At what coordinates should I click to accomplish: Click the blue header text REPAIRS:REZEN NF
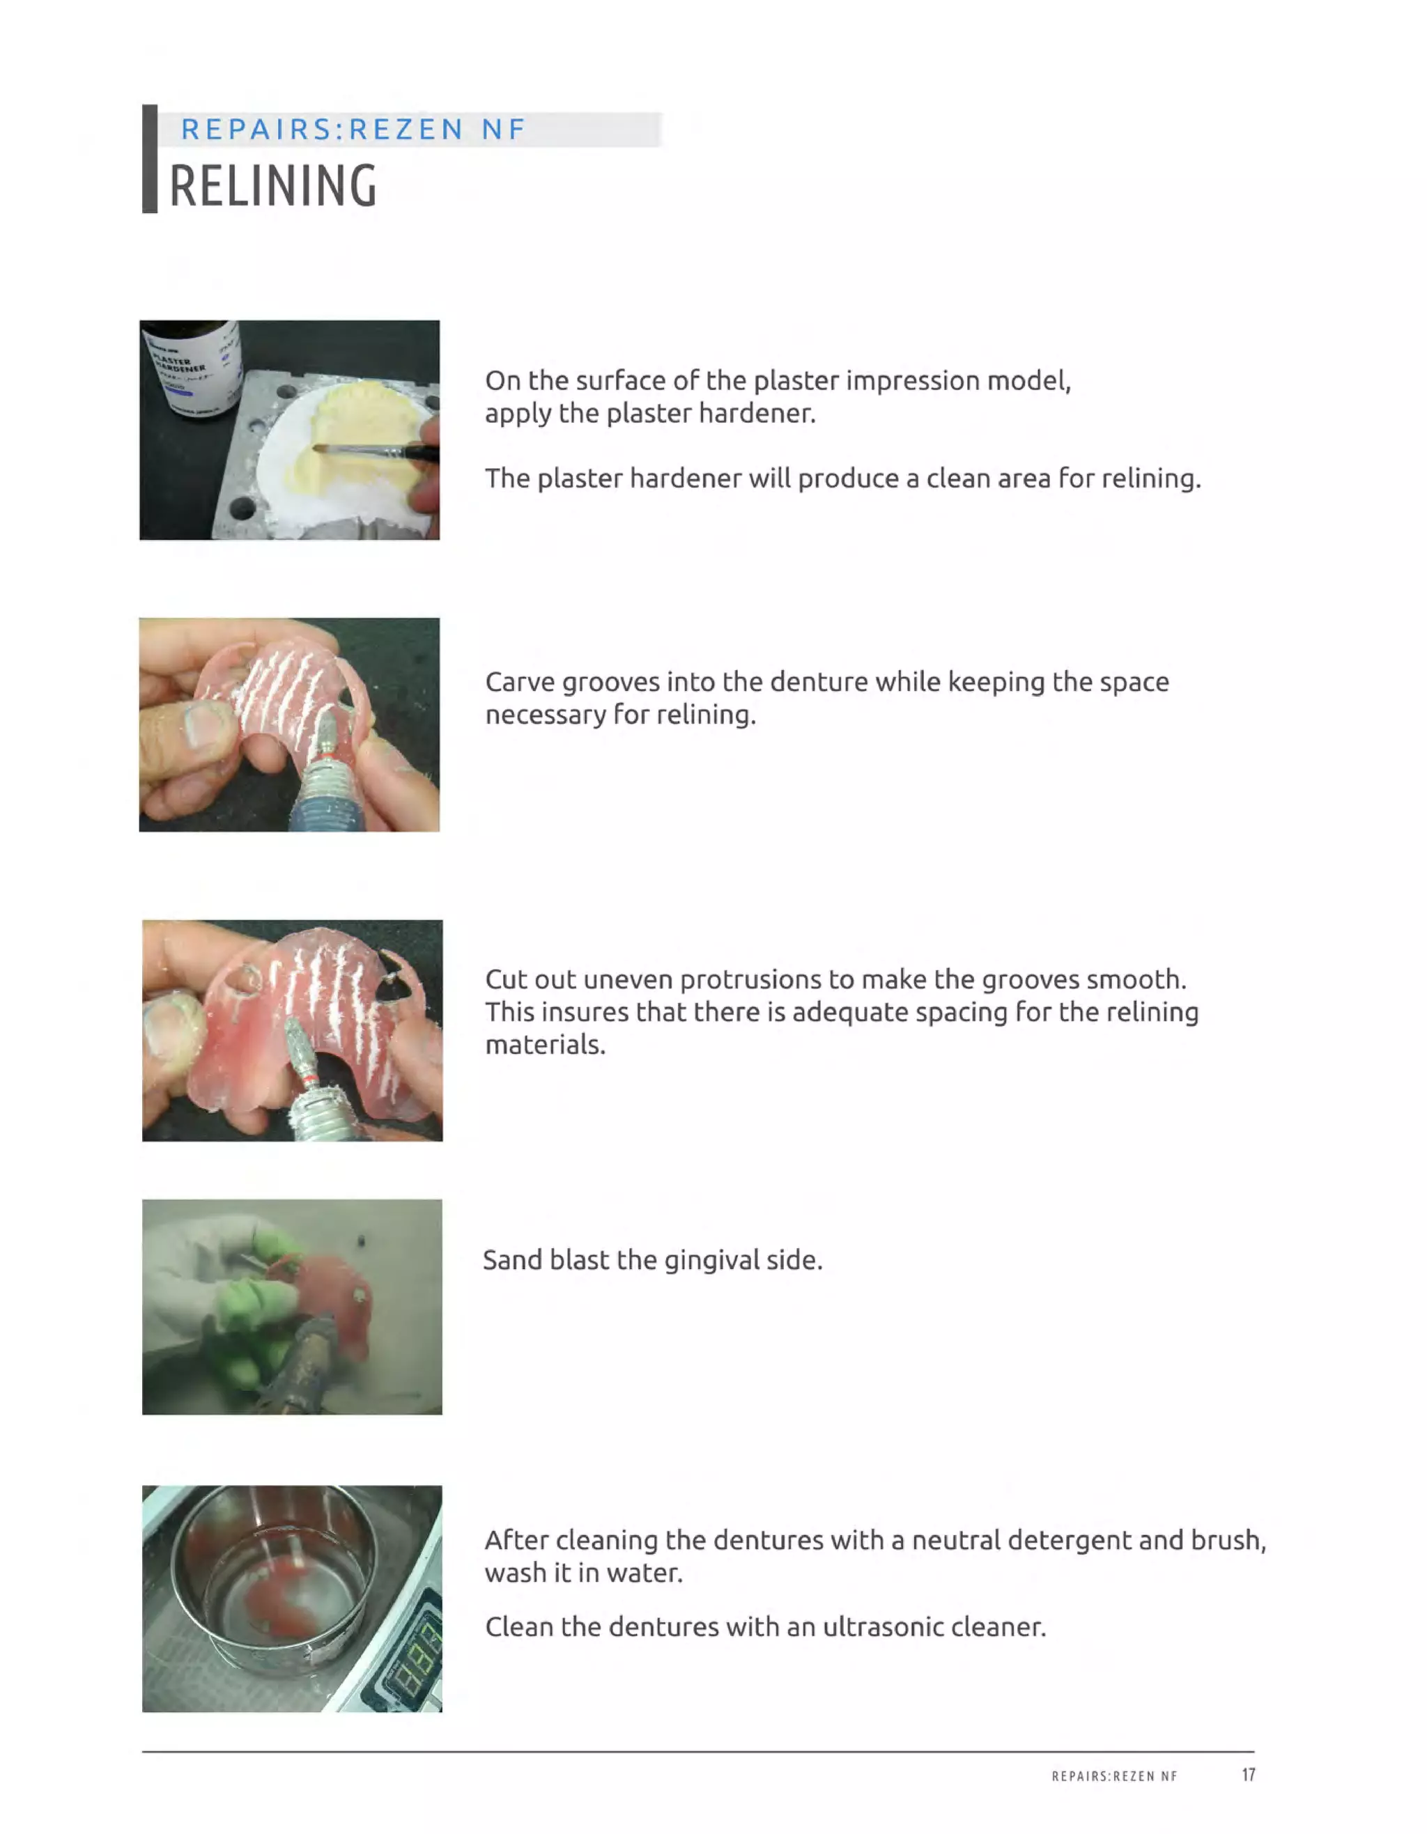pos(353,130)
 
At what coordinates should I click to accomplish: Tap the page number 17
pos(1248,1774)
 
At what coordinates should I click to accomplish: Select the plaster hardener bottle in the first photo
pos(193,369)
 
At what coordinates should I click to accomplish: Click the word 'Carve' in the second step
pos(520,682)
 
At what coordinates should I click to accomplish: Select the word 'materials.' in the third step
pos(545,1045)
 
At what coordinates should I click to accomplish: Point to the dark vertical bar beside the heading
pos(150,159)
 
